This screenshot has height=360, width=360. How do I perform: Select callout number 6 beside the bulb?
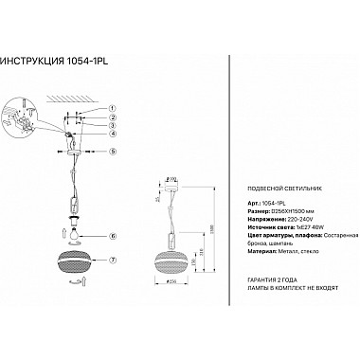click(112, 236)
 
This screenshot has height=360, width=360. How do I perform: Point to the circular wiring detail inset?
click(20, 121)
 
